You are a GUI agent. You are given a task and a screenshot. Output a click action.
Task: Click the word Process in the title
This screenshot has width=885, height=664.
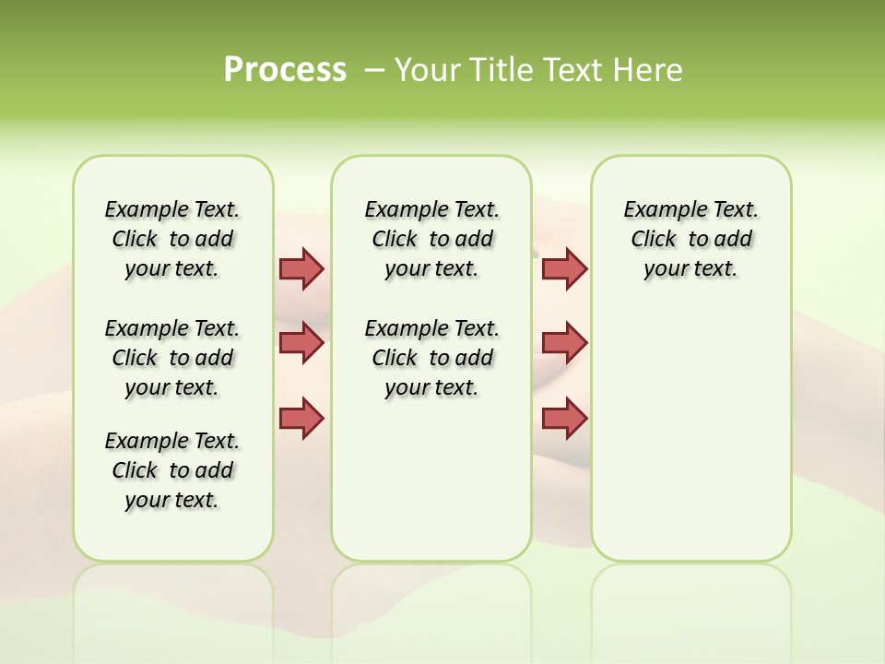tap(285, 70)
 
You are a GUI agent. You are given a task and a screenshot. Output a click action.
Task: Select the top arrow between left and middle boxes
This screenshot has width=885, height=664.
tap(301, 268)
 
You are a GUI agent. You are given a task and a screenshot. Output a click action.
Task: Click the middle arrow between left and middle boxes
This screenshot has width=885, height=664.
tap(301, 343)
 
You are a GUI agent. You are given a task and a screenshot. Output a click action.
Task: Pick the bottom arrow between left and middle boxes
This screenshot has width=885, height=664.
tap(301, 418)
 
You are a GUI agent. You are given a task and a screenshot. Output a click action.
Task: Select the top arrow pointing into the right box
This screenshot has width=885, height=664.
tap(564, 268)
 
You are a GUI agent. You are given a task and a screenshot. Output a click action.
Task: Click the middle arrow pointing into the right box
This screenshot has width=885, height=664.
tap(564, 343)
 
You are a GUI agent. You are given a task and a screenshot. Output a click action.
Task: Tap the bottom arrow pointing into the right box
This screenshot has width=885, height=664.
tap(564, 418)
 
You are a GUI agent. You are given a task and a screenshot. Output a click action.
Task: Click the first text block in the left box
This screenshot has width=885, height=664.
tap(172, 239)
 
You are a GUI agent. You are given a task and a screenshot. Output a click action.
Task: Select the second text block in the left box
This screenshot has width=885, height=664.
tap(172, 358)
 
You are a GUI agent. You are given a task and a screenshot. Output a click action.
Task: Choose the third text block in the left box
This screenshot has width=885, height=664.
tap(172, 470)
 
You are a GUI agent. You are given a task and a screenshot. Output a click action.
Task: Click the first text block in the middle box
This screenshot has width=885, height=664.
tap(431, 239)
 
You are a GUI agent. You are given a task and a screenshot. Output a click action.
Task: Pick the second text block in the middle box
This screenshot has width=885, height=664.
tap(431, 358)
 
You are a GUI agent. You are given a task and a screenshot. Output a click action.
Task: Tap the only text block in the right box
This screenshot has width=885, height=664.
tap(690, 239)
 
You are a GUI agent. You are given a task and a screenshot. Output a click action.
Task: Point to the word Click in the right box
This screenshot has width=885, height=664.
tap(654, 240)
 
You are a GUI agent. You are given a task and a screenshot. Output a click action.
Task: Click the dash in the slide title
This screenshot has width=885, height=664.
tap(374, 70)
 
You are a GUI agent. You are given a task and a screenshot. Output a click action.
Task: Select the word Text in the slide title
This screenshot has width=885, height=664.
tap(575, 70)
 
